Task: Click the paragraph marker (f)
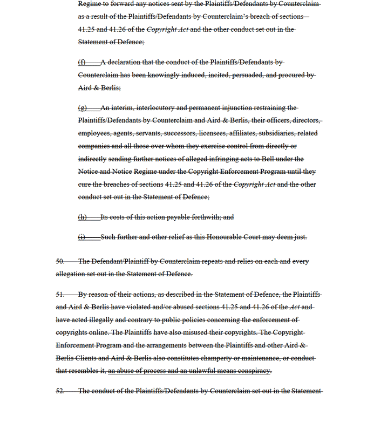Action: tap(82, 62)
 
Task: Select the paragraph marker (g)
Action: tap(82, 107)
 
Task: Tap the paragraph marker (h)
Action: tap(82, 217)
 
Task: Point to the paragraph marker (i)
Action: tap(81, 236)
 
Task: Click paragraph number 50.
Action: tap(60, 261)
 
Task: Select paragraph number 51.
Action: tap(60, 294)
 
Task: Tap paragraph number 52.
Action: tap(60, 391)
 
